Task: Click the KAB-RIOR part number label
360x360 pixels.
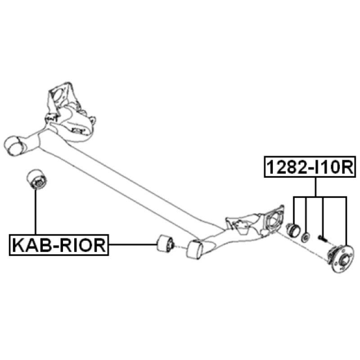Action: click(59, 245)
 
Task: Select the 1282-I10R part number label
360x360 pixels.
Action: click(310, 167)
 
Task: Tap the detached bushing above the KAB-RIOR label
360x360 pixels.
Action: click(37, 179)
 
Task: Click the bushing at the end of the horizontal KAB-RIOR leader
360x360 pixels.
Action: click(165, 243)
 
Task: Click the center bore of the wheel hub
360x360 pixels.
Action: click(344, 261)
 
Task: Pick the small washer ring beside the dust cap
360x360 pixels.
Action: click(306, 237)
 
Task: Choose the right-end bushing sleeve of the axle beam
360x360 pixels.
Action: click(195, 250)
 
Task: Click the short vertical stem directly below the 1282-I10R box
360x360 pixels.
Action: click(316, 187)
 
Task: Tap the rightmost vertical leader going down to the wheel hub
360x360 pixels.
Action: click(346, 220)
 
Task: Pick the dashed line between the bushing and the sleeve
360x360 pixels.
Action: click(180, 247)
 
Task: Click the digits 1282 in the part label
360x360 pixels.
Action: click(286, 167)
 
